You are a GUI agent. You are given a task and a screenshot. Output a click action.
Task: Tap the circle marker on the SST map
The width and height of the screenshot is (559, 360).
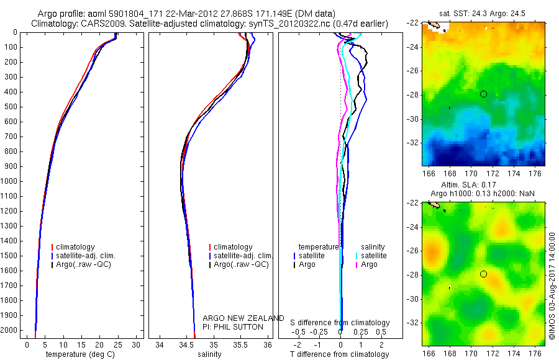483,94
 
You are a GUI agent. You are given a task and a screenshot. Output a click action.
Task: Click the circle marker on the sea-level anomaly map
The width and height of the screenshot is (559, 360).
483,274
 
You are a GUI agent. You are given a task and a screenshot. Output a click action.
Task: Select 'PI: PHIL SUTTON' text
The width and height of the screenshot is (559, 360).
233,326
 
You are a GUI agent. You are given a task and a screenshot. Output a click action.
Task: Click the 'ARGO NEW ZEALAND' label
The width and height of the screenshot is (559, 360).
243,318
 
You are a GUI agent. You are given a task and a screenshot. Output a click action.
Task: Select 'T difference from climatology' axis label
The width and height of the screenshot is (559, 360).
340,354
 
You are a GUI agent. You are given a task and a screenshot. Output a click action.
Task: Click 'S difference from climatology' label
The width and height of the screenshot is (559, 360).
340,323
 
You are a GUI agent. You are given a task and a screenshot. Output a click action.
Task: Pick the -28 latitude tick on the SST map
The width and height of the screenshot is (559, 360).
414,94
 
